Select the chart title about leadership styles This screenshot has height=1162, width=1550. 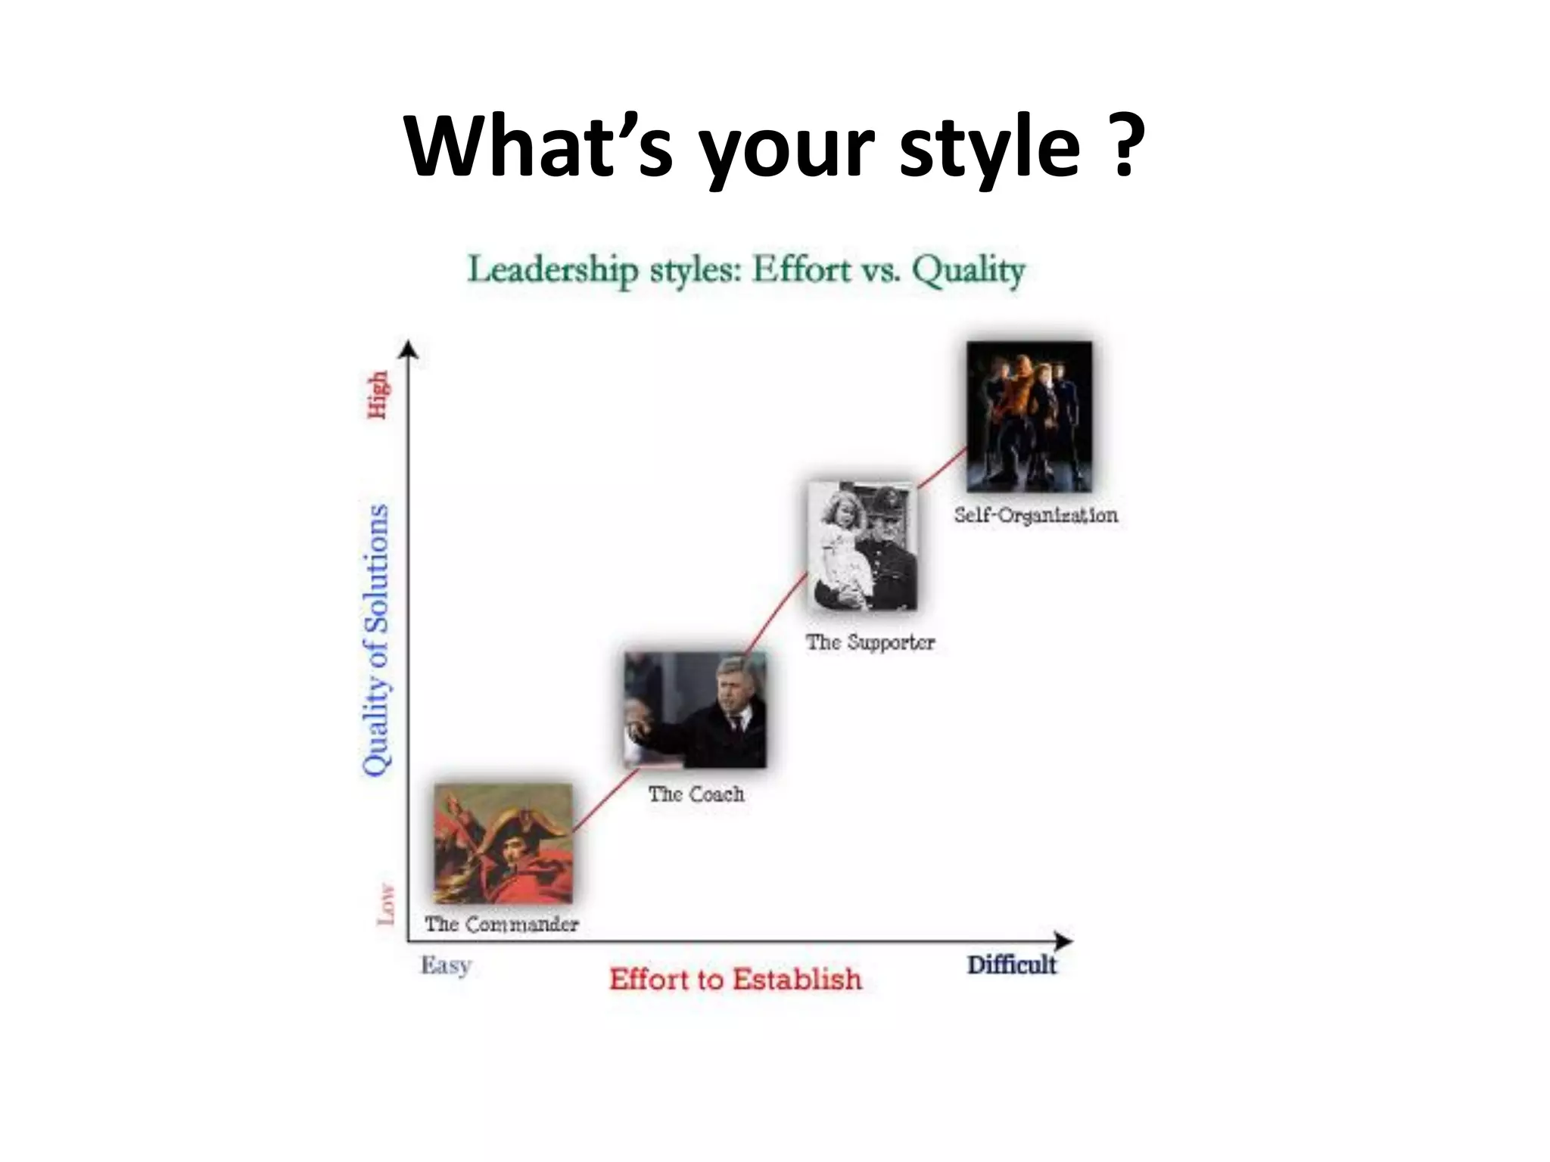[x=746, y=270]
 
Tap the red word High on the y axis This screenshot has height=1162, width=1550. [x=378, y=394]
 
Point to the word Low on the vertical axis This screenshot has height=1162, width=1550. [x=386, y=904]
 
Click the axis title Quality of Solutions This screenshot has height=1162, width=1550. [x=376, y=640]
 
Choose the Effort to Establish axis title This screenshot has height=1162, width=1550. [x=736, y=979]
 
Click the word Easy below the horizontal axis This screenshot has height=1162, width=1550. [x=447, y=965]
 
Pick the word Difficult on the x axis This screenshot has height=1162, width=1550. [x=1011, y=965]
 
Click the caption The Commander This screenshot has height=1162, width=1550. [x=501, y=924]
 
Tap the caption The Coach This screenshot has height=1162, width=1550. [x=696, y=794]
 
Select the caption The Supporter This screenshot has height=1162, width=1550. [x=870, y=642]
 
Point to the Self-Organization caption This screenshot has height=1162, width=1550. [x=1035, y=515]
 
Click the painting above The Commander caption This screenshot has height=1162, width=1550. [x=503, y=844]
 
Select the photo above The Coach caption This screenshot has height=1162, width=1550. [x=695, y=710]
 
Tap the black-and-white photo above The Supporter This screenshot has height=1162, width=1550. [x=863, y=545]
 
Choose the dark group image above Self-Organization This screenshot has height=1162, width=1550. [x=1029, y=416]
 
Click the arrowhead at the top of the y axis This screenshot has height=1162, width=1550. [x=409, y=348]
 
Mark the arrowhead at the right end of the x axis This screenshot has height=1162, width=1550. [x=1065, y=941]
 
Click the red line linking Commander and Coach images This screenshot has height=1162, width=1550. [x=605, y=801]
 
